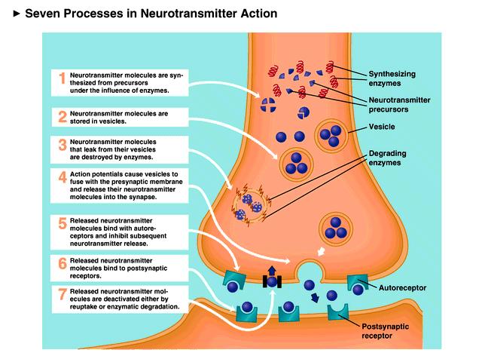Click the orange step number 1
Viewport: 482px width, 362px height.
pyautogui.click(x=63, y=78)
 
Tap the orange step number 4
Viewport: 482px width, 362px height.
pyautogui.click(x=63, y=177)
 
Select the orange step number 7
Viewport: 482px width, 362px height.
pyautogui.click(x=63, y=294)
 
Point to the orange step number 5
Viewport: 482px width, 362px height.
pyautogui.click(x=63, y=224)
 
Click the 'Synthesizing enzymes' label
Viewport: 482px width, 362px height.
pyautogui.click(x=392, y=78)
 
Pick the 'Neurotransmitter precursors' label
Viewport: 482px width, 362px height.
pyautogui.click(x=399, y=105)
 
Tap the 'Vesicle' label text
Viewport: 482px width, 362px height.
pyautogui.click(x=382, y=127)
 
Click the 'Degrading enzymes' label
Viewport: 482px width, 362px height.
pyautogui.click(x=387, y=158)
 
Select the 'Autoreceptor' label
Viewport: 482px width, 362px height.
pyautogui.click(x=402, y=288)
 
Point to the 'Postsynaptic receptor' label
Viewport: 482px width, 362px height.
pyautogui.click(x=385, y=331)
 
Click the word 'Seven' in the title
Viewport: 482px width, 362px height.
pyautogui.click(x=42, y=14)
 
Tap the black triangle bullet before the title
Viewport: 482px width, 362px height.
pyautogui.click(x=17, y=14)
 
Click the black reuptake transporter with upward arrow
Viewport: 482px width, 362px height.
pyautogui.click(x=272, y=278)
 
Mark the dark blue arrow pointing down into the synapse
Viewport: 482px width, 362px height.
pyautogui.click(x=315, y=298)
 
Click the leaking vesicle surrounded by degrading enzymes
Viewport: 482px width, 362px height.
pyautogui.click(x=249, y=205)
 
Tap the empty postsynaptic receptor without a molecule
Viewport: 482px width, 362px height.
pyautogui.click(x=338, y=311)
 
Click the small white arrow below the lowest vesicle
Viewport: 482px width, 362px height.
pyautogui.click(x=322, y=251)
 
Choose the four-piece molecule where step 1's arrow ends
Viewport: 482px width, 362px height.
pyautogui.click(x=268, y=105)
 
